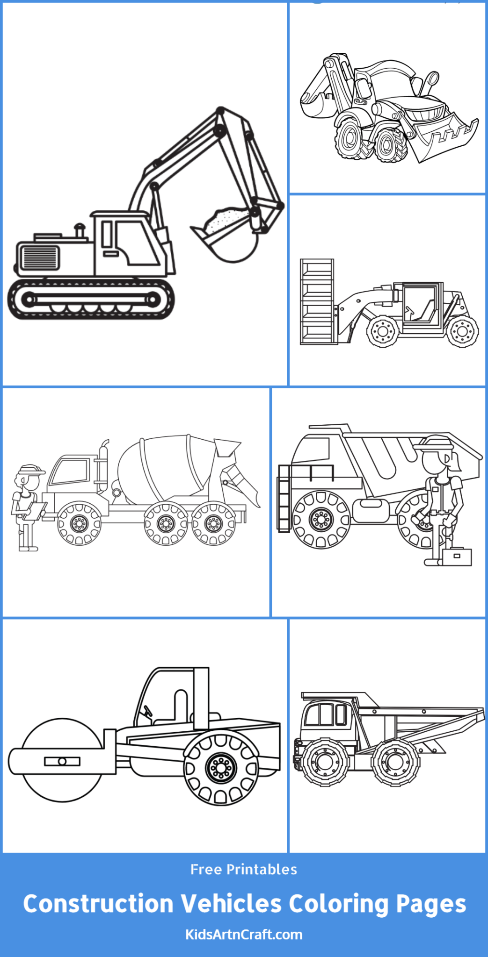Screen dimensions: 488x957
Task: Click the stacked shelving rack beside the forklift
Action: click(x=317, y=301)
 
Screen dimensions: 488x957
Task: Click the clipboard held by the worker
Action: click(x=35, y=511)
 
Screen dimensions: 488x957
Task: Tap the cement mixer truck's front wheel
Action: click(x=79, y=523)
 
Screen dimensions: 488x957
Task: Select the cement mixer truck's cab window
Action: click(x=70, y=471)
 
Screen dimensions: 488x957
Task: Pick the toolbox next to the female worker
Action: click(x=457, y=557)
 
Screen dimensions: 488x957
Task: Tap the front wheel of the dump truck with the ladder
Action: click(x=321, y=519)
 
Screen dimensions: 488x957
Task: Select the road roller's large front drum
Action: click(x=62, y=760)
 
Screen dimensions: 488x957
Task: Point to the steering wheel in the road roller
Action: click(x=148, y=711)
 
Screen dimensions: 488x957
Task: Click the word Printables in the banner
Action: click(x=262, y=870)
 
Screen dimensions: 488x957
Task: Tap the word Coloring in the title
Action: click(x=339, y=905)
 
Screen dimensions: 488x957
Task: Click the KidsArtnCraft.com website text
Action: click(x=244, y=935)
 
